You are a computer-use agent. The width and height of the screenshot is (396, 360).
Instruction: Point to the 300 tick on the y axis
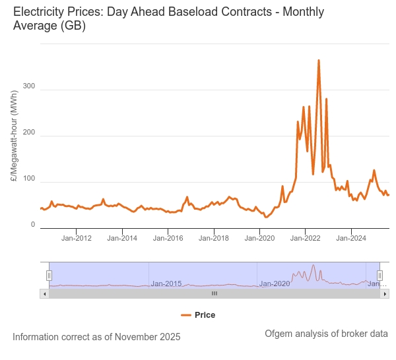28,86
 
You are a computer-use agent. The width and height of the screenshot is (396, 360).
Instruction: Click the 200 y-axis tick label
28,133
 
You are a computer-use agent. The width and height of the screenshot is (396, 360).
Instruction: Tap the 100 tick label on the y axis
28,179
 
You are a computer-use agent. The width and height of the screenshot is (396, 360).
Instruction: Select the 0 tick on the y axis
33,225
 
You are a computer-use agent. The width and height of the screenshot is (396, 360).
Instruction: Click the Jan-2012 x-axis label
77,238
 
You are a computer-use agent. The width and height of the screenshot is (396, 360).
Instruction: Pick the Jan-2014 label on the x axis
122,238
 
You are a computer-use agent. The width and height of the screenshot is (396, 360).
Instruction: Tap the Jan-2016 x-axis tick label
168,238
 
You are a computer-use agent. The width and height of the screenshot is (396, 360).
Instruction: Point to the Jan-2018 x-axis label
213,238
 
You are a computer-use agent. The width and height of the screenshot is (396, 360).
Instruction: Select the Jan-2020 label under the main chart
259,238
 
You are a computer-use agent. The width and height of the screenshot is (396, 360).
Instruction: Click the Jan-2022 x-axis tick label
304,238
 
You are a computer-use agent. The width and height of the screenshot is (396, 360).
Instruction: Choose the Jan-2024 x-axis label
350,238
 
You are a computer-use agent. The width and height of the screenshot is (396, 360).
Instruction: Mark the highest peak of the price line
319,60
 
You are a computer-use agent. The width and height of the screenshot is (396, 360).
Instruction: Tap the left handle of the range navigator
49,275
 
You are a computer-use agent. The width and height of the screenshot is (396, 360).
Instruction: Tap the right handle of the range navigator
379,275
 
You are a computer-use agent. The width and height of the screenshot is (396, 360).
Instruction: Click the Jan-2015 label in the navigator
166,284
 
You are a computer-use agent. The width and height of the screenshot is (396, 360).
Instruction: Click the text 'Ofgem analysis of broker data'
326,334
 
